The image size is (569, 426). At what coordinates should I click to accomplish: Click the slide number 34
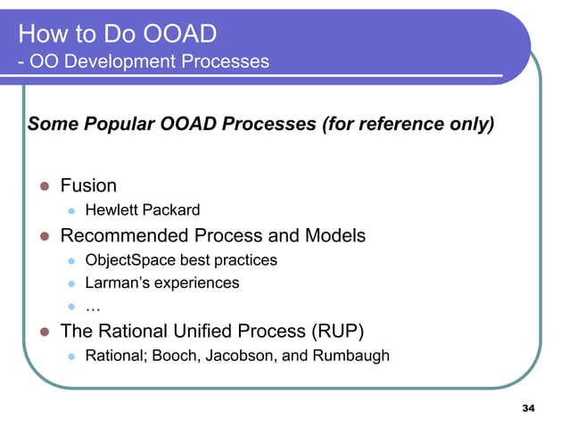point(527,409)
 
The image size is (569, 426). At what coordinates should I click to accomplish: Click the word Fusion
point(88,185)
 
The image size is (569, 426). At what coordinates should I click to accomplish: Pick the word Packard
point(169,211)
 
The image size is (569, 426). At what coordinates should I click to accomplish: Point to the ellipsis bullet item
point(92,307)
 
